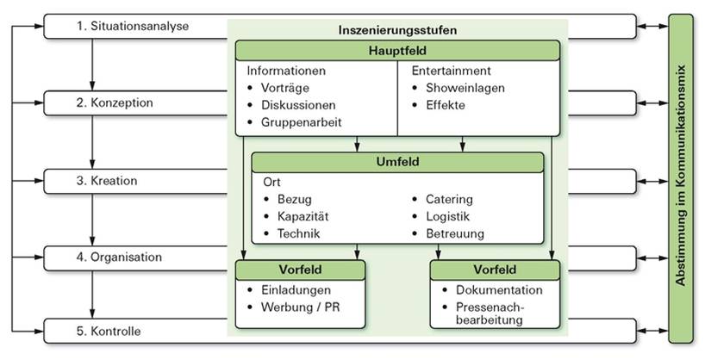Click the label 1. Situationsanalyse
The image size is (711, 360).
click(x=132, y=27)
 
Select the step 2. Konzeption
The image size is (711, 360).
click(x=115, y=103)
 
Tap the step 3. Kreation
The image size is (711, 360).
click(x=107, y=181)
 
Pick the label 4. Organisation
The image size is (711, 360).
click(x=119, y=258)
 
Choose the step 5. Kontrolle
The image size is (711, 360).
click(x=109, y=331)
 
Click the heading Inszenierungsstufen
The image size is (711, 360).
click(x=397, y=30)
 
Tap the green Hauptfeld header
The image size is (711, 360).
click(x=397, y=50)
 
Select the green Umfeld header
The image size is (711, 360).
click(x=397, y=162)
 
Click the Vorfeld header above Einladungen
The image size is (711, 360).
click(x=300, y=270)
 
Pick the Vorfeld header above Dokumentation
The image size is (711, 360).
click(x=495, y=270)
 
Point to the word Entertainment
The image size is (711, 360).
click(x=452, y=71)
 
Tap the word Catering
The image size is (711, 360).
click(x=449, y=200)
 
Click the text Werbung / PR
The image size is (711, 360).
click(x=300, y=307)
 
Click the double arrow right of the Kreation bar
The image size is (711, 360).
click(x=652, y=182)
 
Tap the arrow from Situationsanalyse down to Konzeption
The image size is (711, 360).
click(x=92, y=65)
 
